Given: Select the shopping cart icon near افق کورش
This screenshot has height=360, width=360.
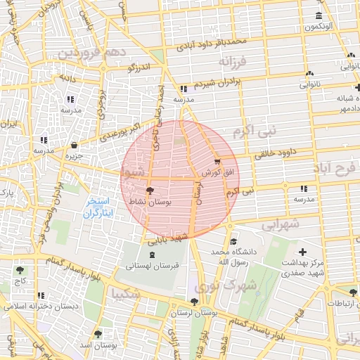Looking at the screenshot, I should (x=216, y=162).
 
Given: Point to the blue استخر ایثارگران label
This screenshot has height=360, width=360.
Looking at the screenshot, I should (x=98, y=207).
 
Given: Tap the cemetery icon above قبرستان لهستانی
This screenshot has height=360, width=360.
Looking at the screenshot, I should (x=153, y=255).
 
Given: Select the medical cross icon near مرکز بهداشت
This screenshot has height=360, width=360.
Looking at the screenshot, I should (x=303, y=252).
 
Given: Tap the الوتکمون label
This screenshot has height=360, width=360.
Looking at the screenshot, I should (x=319, y=27).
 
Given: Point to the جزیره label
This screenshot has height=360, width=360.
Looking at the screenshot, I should (x=75, y=155).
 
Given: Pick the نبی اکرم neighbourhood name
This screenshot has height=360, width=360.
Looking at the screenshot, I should (x=255, y=131).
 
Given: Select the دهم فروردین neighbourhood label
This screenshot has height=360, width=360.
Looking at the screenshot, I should (x=91, y=53).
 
